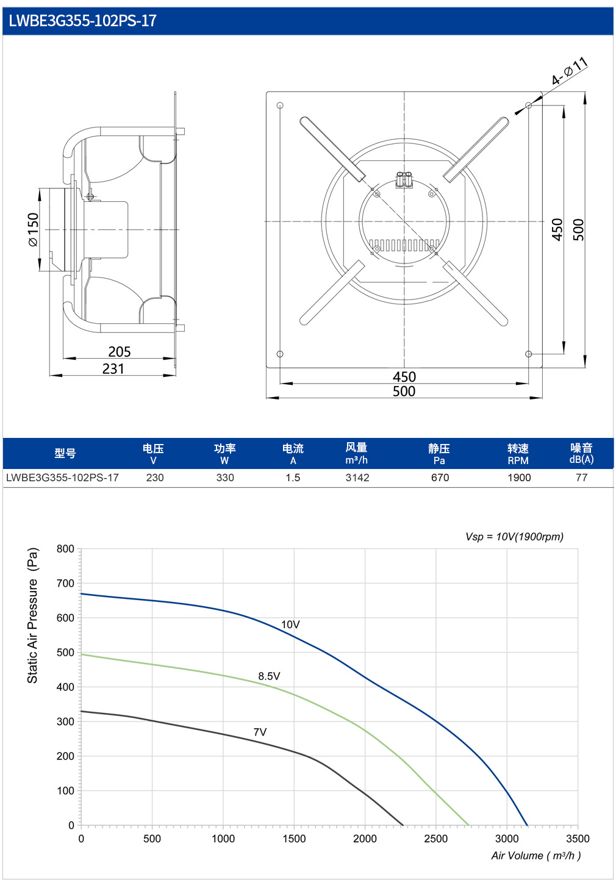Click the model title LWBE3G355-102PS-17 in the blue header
[x=82, y=21]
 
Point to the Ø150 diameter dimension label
[x=34, y=229]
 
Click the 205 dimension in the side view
[x=120, y=352]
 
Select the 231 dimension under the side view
[x=113, y=368]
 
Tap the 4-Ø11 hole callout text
[x=570, y=71]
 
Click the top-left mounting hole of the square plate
[x=280, y=106]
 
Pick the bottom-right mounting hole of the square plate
[x=528, y=354]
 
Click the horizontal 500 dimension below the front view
[x=404, y=392]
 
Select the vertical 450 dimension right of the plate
[x=557, y=229]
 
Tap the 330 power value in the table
[x=225, y=478]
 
